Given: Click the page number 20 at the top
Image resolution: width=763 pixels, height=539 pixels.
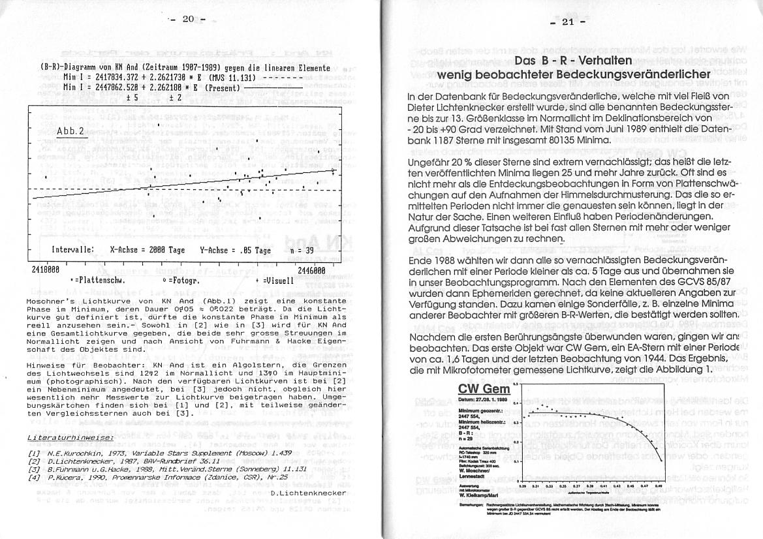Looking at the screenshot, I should pos(188,19).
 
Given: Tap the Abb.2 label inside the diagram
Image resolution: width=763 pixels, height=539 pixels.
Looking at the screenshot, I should pos(71,131).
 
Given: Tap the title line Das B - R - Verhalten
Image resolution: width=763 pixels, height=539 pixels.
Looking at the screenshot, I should pos(572,61).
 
